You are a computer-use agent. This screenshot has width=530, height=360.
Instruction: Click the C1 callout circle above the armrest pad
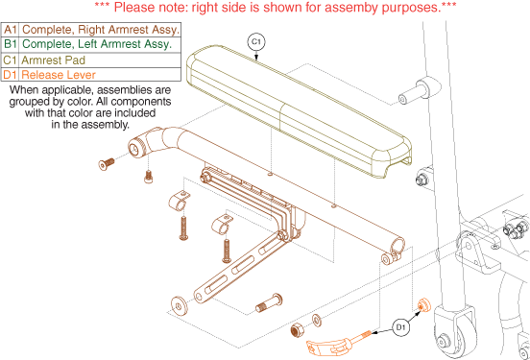[x=256, y=42]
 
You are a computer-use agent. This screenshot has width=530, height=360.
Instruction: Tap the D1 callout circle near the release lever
[x=400, y=327]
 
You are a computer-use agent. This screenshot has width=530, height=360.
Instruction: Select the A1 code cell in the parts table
[x=11, y=30]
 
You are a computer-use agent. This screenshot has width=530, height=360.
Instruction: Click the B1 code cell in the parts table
[x=11, y=44]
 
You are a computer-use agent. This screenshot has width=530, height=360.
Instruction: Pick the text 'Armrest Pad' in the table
[x=54, y=60]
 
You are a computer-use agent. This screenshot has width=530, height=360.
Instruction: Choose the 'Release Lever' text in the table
[x=59, y=75]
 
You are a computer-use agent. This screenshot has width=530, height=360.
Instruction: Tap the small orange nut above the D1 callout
[x=423, y=305]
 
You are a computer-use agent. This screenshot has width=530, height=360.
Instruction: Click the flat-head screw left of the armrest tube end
[x=107, y=164]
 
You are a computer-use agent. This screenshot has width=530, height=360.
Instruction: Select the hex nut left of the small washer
[x=297, y=329]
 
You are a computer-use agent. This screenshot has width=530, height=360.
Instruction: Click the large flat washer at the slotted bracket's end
[x=179, y=306]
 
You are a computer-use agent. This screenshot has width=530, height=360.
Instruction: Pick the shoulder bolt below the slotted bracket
[x=269, y=303]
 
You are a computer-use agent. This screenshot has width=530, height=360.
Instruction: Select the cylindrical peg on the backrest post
[x=420, y=90]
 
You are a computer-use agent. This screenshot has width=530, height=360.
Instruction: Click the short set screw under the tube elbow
[x=149, y=177]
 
